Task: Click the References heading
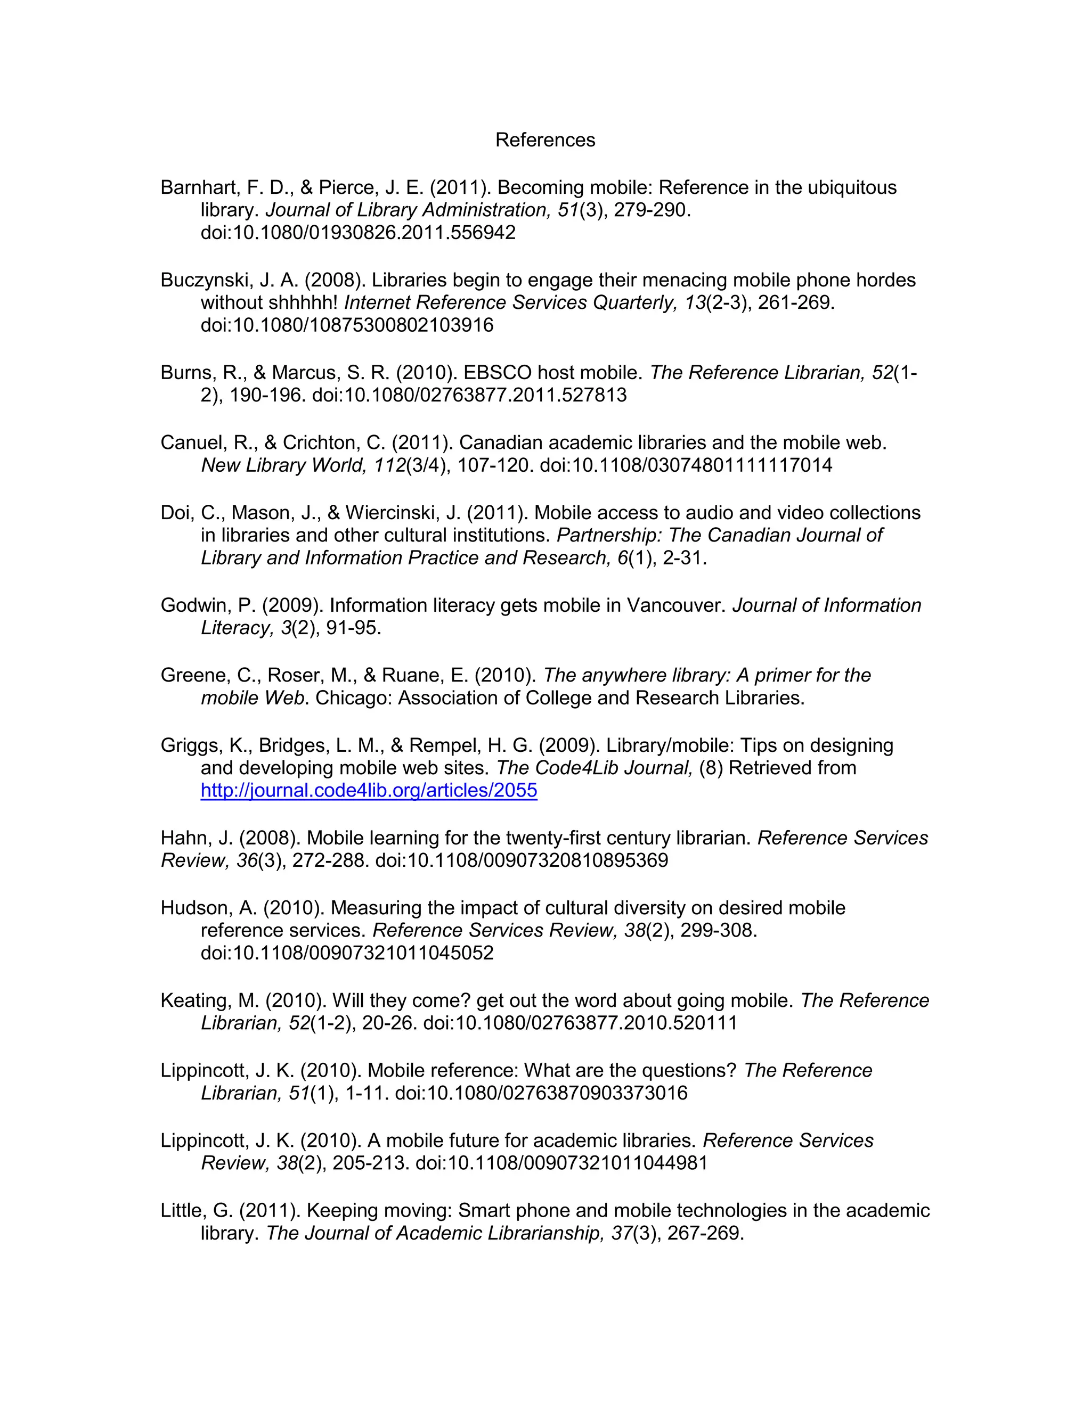[x=545, y=140]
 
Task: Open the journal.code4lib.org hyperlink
[x=369, y=790]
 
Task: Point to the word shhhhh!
[x=303, y=303]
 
